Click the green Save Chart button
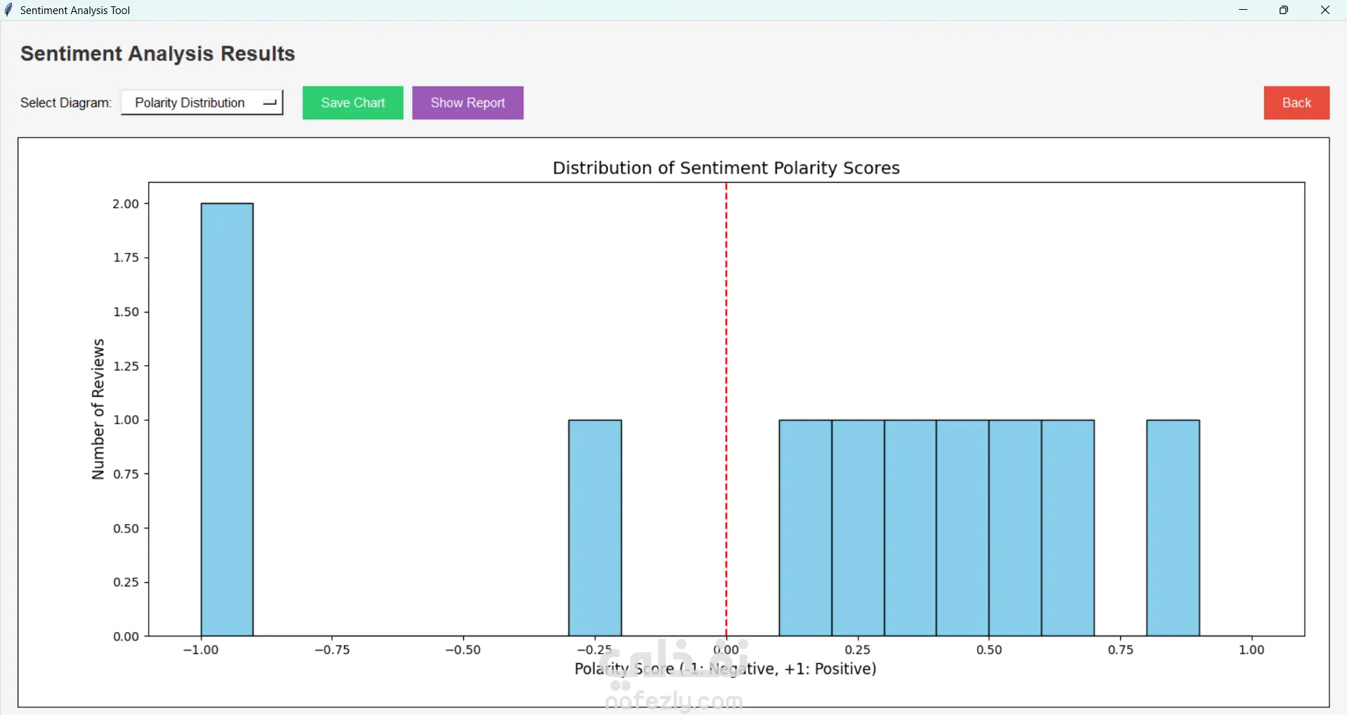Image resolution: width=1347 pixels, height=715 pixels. [x=352, y=103]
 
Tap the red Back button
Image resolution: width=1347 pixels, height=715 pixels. [x=1296, y=103]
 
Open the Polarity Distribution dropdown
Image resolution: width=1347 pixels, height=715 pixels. [x=202, y=103]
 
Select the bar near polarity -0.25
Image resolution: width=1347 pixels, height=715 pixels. [x=595, y=527]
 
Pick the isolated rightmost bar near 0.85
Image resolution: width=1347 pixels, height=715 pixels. [x=1173, y=527]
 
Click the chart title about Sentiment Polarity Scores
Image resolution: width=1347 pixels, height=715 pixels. [x=726, y=169]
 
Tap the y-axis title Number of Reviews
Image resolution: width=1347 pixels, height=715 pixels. [x=98, y=409]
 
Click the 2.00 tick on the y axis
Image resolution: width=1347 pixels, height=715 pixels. [x=126, y=204]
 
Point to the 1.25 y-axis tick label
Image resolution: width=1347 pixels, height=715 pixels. [x=126, y=366]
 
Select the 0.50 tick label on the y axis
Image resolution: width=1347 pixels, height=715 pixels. [x=126, y=528]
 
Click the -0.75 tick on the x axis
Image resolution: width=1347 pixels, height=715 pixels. [x=332, y=650]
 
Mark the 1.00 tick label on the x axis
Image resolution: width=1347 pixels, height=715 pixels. [x=1252, y=650]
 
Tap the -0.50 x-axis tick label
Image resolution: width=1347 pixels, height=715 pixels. [x=463, y=650]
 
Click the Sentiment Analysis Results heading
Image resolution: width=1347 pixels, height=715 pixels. [x=158, y=54]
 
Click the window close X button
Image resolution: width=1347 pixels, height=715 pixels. [x=1325, y=11]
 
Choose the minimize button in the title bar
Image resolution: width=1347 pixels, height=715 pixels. [x=1243, y=11]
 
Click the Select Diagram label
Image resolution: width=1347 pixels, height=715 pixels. [x=65, y=103]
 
